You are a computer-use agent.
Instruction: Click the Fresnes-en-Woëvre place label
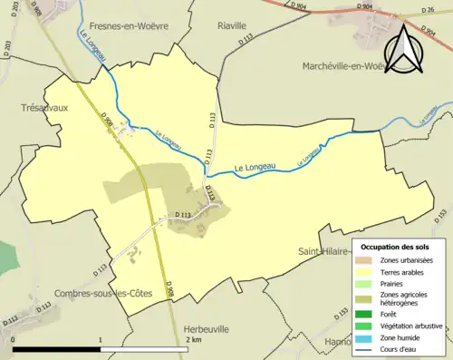(x=120, y=27)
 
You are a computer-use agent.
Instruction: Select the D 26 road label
(x=429, y=11)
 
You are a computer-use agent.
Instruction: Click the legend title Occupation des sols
(x=395, y=247)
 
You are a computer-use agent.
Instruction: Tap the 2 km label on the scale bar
(x=192, y=339)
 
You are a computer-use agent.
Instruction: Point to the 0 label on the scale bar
(x=14, y=339)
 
